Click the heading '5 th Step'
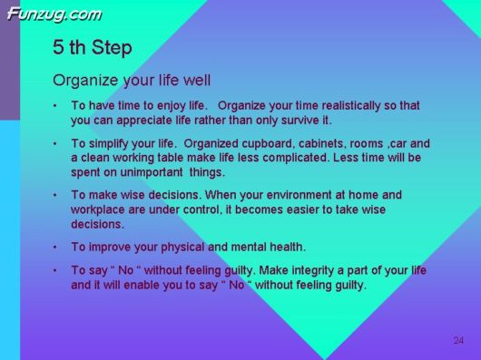pyautogui.click(x=92, y=47)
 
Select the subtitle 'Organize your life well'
pyautogui.click(x=132, y=80)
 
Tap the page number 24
pyautogui.click(x=458, y=340)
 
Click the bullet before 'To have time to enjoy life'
pyautogui.click(x=56, y=106)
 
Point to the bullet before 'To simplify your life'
pyautogui.click(x=56, y=144)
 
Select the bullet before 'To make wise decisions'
pyautogui.click(x=56, y=196)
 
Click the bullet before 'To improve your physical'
pyautogui.click(x=56, y=248)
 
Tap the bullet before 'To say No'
pyautogui.click(x=56, y=271)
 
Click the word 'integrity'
pyautogui.click(x=299, y=270)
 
